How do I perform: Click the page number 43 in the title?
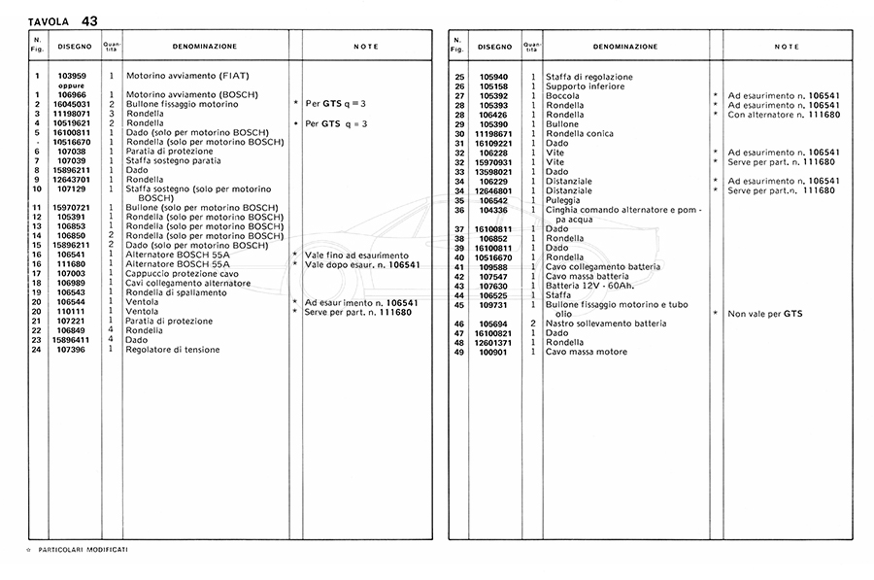89,20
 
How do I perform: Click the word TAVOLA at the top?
49,21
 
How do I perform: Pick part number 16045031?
72,104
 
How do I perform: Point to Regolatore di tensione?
173,350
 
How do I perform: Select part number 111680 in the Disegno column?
72,264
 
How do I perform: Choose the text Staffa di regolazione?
588,77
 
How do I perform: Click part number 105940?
493,77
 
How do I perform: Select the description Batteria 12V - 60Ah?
588,286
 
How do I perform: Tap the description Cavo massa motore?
587,352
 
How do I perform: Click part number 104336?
493,210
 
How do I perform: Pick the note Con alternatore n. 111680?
784,115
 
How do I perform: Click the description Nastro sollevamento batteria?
605,324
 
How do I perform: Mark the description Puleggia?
564,200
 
